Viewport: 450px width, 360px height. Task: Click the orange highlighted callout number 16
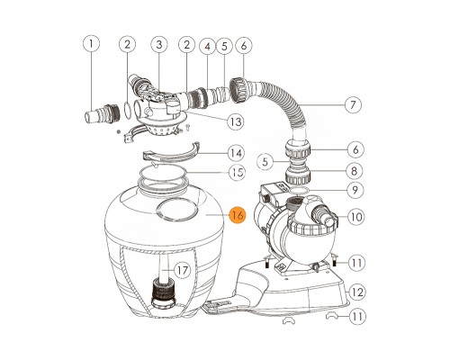(x=238, y=215)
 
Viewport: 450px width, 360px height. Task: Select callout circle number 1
(x=91, y=44)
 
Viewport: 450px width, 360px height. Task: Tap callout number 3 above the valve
(x=159, y=44)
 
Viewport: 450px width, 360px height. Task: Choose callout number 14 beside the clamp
(x=236, y=153)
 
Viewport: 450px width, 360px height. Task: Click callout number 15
(x=237, y=173)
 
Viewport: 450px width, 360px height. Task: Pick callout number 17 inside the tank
(x=183, y=270)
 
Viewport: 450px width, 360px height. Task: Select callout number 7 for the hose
(x=353, y=104)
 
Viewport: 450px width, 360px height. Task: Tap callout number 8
(x=354, y=171)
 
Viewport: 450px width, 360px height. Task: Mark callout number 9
(x=355, y=190)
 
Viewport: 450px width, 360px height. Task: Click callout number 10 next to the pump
(x=356, y=217)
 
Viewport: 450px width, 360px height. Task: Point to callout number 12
(x=357, y=292)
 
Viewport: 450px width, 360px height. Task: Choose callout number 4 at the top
(x=208, y=46)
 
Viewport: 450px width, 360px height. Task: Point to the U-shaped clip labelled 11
(x=332, y=315)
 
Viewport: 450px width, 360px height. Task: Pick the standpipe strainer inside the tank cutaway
(x=162, y=291)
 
